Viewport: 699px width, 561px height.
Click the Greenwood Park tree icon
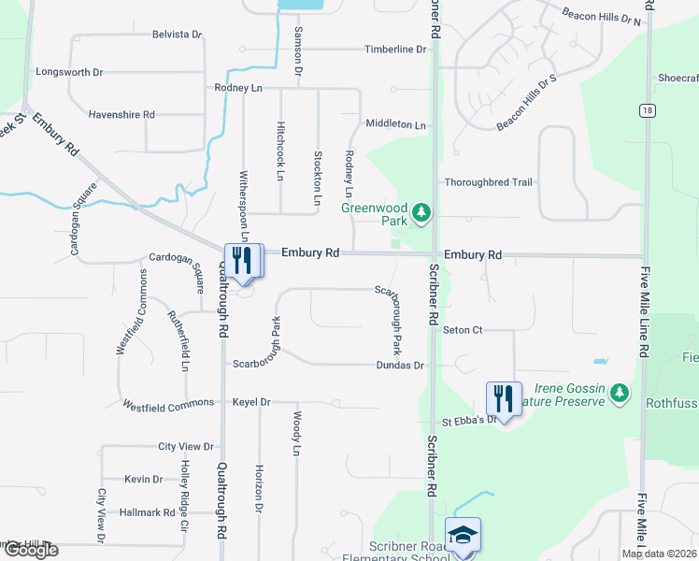coord(422,213)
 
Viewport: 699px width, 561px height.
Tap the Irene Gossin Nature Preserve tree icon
coord(619,396)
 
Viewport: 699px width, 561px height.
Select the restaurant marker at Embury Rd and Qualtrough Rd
coord(244,261)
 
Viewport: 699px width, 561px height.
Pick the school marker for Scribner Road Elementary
coord(463,536)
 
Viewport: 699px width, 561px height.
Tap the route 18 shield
coord(646,110)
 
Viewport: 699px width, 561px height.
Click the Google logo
coord(30,550)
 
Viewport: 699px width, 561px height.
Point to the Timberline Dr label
coord(395,49)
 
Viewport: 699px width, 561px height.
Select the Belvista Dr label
coord(178,35)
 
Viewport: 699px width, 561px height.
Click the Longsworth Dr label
coord(69,71)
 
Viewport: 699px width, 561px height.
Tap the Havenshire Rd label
coord(121,114)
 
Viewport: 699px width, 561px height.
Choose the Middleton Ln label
coord(395,123)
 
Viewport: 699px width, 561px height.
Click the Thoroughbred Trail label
coord(489,182)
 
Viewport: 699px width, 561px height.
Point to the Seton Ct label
coord(463,330)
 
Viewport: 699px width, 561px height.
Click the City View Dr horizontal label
coord(186,447)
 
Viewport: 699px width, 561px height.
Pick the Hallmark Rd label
coord(148,512)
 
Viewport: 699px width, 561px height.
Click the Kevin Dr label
coord(144,479)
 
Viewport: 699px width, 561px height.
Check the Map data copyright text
coord(659,554)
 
